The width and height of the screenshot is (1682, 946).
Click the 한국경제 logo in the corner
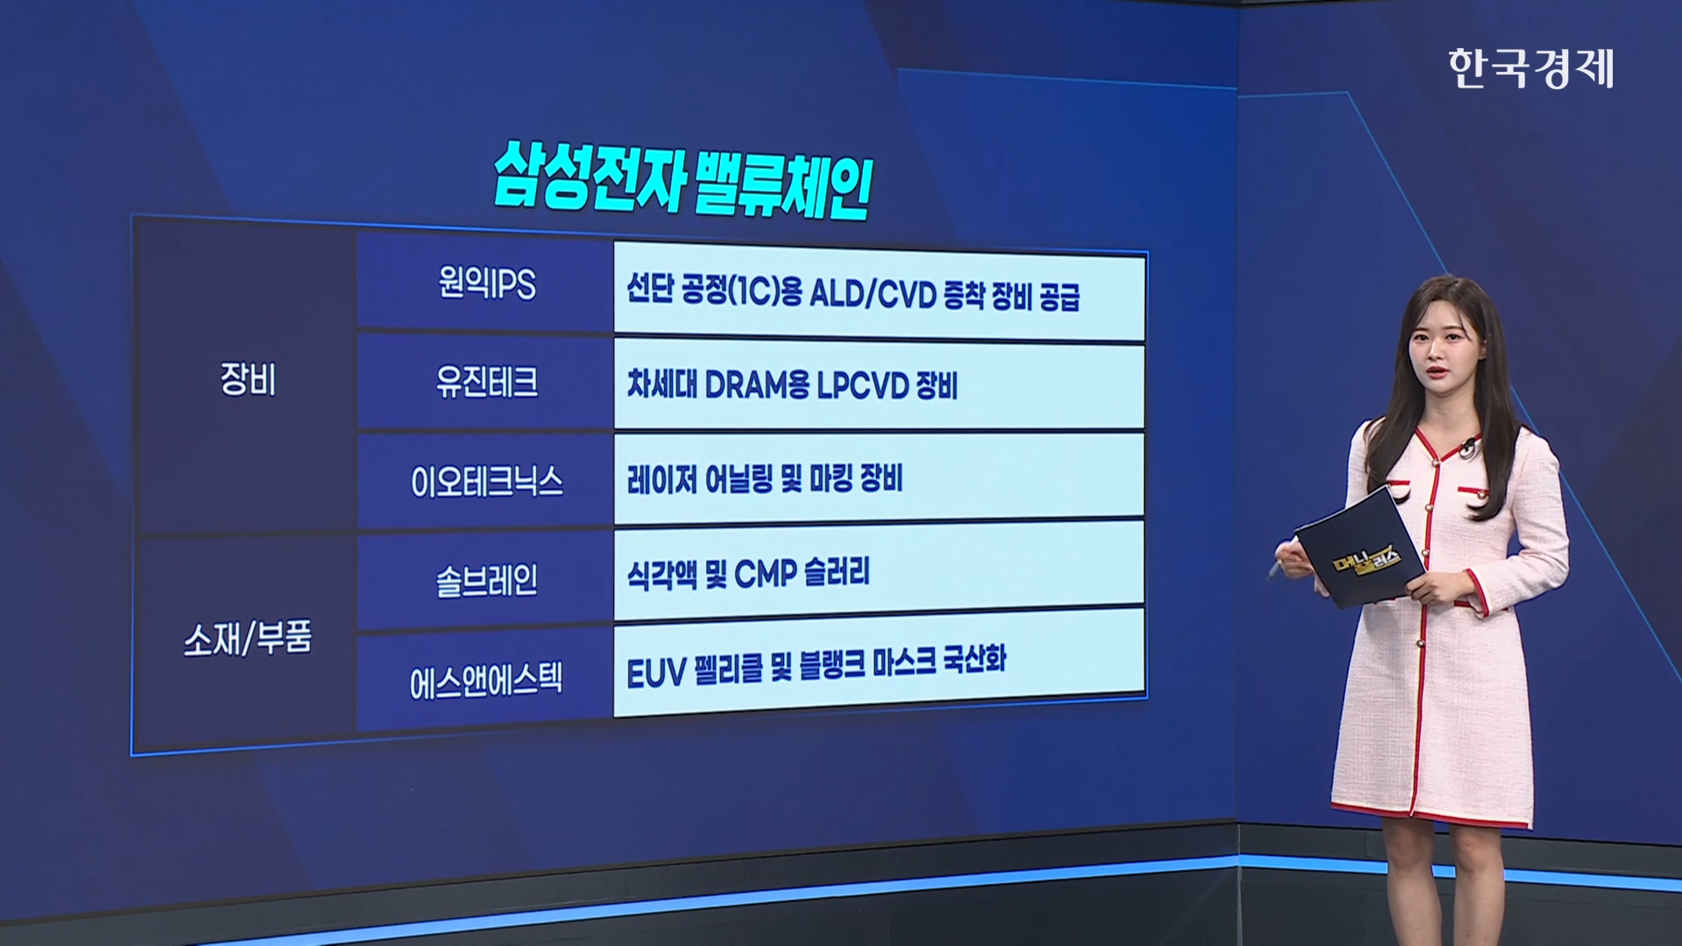[1530, 68]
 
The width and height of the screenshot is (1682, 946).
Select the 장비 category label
[248, 379]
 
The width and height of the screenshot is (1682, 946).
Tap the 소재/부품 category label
[248, 638]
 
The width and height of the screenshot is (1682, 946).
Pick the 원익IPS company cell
[486, 283]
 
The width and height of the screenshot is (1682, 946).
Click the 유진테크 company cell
[486, 381]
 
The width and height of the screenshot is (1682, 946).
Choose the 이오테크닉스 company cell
[486, 481]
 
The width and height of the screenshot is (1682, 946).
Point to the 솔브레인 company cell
[486, 580]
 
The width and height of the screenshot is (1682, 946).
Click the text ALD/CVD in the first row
[873, 294]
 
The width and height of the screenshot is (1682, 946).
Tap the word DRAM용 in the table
[756, 385]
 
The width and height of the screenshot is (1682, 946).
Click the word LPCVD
[862, 385]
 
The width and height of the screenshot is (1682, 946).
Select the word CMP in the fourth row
[766, 574]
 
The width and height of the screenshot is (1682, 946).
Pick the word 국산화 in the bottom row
[974, 659]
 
